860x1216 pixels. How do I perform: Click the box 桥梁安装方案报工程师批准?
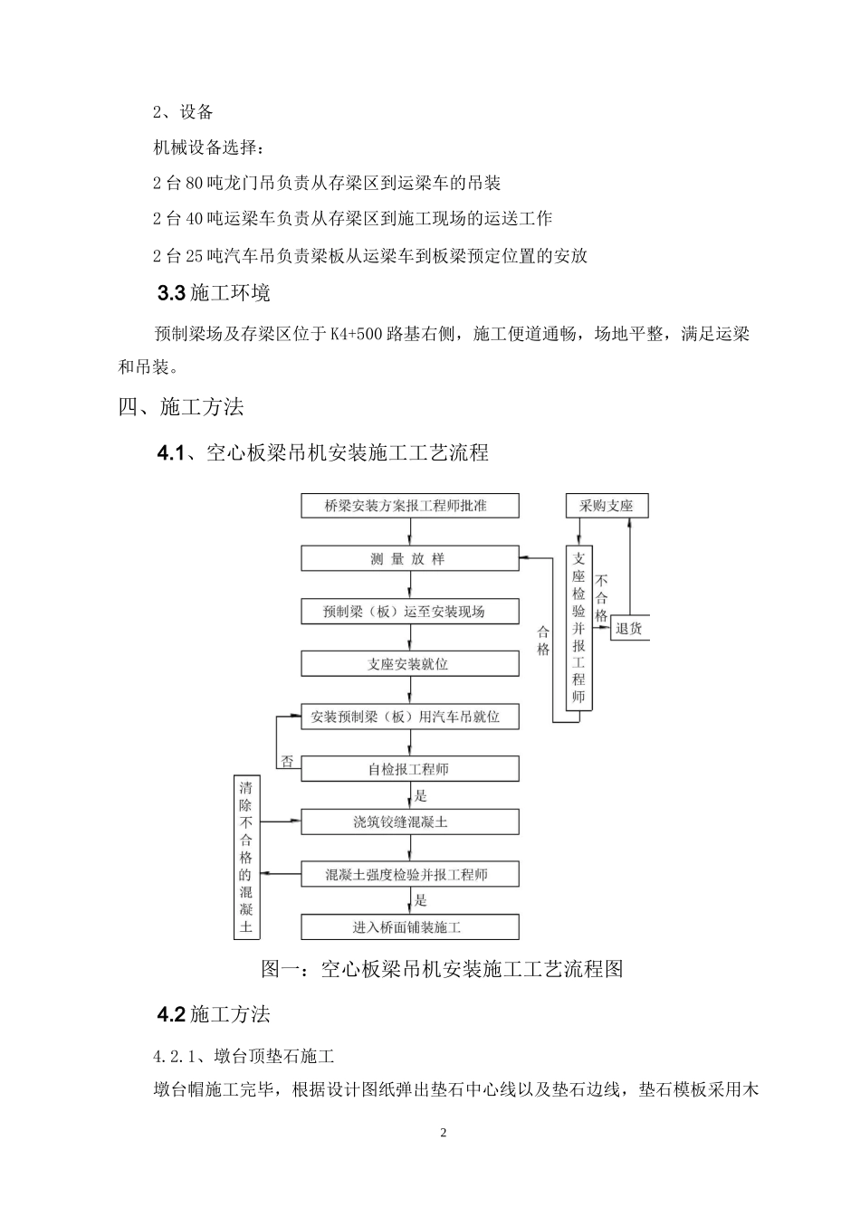[x=410, y=506]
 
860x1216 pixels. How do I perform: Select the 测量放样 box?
[x=410, y=558]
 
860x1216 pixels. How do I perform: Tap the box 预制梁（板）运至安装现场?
[x=410, y=612]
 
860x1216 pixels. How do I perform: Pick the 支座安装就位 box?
[x=410, y=664]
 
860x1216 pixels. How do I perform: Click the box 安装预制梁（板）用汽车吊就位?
[x=410, y=717]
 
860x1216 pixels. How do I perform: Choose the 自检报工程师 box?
[x=410, y=769]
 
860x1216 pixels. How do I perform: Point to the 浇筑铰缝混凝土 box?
[x=410, y=822]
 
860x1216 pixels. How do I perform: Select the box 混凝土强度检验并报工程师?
[x=410, y=874]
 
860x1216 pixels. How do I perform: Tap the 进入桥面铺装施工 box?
[x=410, y=927]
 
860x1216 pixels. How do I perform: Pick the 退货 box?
[x=629, y=627]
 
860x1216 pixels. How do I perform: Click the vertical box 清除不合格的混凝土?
[x=246, y=857]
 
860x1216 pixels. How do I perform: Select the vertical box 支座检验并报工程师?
[x=579, y=628]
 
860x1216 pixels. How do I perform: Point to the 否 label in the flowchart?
[x=287, y=762]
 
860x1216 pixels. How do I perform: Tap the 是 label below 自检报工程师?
[x=420, y=796]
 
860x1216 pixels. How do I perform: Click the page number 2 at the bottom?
[x=443, y=1133]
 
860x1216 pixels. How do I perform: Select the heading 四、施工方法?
[x=181, y=407]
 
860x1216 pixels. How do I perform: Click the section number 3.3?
[x=171, y=293]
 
